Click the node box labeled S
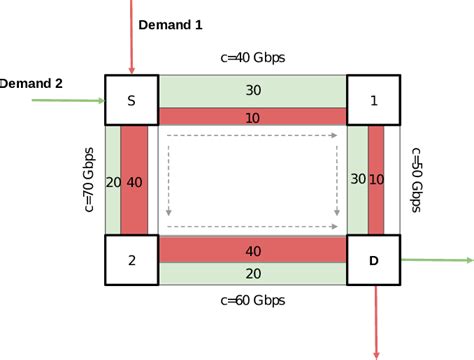(x=131, y=100)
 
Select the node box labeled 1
(x=373, y=100)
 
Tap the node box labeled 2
(x=131, y=260)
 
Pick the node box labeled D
(x=373, y=260)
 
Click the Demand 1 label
(x=169, y=23)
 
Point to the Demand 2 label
(x=32, y=84)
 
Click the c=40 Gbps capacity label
(x=252, y=57)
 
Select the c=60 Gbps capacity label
(x=252, y=299)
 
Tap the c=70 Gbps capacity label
(x=89, y=179)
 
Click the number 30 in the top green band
(x=253, y=90)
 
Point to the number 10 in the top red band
(x=253, y=116)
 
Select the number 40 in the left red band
(x=134, y=181)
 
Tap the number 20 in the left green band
(x=112, y=181)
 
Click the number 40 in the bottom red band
(x=253, y=250)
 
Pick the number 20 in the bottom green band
(x=253, y=274)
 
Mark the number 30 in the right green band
(x=357, y=179)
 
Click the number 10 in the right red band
(x=376, y=179)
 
